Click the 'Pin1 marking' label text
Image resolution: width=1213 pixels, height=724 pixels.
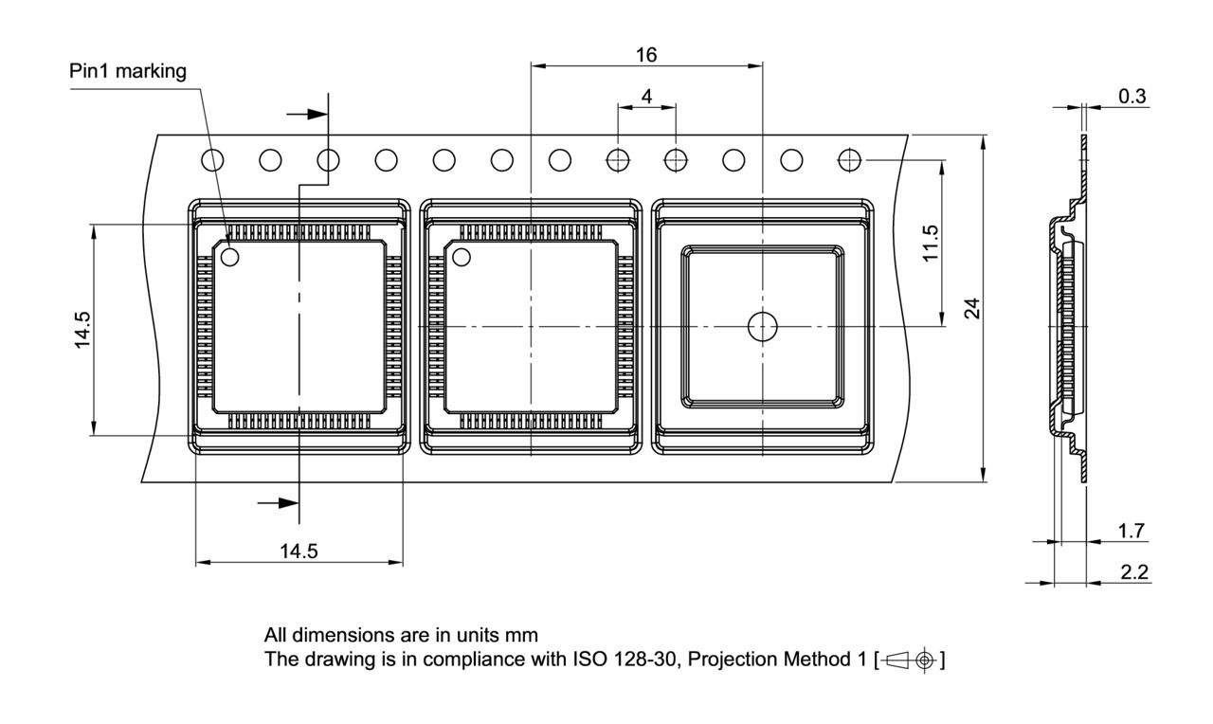click(128, 72)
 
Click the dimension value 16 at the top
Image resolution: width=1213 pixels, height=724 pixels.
click(646, 54)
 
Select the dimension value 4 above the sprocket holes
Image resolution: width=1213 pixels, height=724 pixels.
click(646, 96)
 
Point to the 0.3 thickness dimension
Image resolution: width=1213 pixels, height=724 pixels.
click(1132, 96)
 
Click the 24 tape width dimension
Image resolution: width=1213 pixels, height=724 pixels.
click(970, 309)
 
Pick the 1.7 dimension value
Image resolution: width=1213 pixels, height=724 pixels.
click(1132, 531)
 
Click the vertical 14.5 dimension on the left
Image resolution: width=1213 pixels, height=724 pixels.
click(83, 330)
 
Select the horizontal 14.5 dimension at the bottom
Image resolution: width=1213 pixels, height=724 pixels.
click(299, 552)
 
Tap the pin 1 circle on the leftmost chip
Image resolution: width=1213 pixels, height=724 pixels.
click(230, 256)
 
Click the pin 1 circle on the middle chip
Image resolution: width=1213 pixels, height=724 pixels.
click(462, 256)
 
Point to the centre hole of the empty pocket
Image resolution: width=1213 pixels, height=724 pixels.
click(762, 326)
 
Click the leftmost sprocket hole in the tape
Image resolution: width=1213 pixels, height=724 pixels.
click(212, 160)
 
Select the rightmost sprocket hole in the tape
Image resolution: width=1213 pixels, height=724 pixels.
click(850, 160)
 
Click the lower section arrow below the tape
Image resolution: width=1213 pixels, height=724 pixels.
click(279, 502)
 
